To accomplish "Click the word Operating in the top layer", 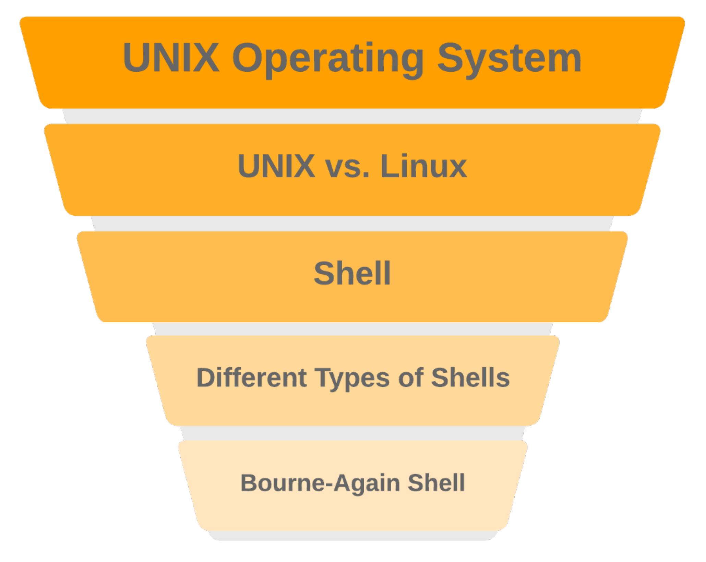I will [327, 58].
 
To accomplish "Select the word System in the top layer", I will [509, 58].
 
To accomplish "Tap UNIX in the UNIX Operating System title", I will [171, 58].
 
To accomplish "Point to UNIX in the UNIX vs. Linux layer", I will [276, 166].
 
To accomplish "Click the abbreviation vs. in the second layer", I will [347, 167].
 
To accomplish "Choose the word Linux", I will [423, 166].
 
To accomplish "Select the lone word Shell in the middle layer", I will [352, 273].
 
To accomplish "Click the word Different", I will [251, 378].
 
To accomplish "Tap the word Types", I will [352, 379].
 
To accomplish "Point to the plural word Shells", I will [470, 378].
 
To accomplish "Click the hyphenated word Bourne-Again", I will [320, 483].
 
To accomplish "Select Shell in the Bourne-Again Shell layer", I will [436, 483].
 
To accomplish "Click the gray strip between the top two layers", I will [352, 116].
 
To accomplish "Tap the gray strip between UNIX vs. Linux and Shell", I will [352, 224].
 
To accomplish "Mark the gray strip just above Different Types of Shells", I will [352, 328].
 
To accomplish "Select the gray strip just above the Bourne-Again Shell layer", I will [352, 433].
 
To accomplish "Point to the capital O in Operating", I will [248, 58].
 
